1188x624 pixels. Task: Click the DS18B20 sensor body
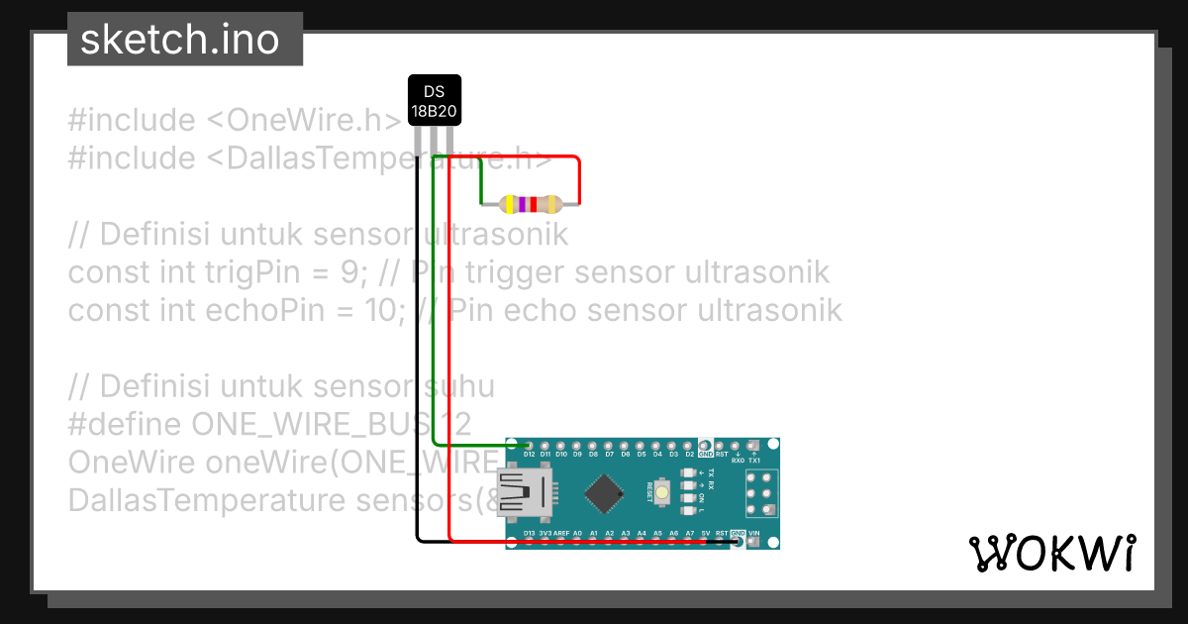(x=435, y=100)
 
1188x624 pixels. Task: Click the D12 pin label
(x=530, y=455)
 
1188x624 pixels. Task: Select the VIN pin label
(x=754, y=533)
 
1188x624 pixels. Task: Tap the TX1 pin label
(x=754, y=461)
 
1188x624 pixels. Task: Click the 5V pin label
(x=706, y=533)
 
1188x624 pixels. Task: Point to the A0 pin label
(x=577, y=533)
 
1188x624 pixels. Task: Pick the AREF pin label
(x=561, y=533)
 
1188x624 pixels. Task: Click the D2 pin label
(x=689, y=455)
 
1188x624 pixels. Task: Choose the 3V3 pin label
(x=545, y=533)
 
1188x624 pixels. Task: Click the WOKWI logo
(x=1051, y=553)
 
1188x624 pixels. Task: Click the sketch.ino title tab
(x=178, y=40)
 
